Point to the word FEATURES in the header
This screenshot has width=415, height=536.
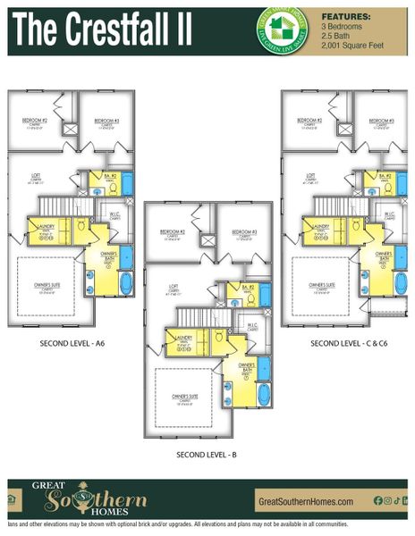(346, 16)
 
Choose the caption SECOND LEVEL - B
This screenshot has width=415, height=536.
(207, 455)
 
